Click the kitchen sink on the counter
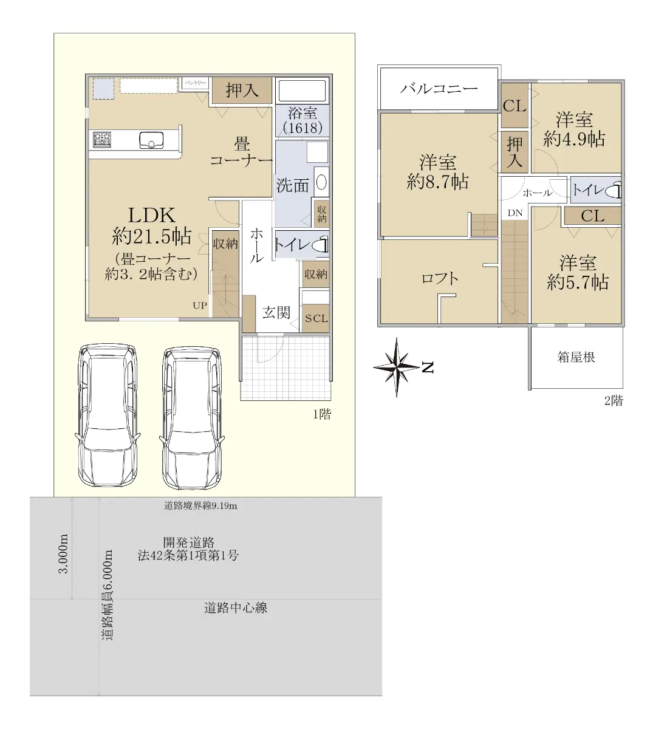(x=151, y=140)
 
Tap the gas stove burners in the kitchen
(x=102, y=140)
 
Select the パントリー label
(x=196, y=83)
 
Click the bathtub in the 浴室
(x=303, y=91)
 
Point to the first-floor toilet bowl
(x=321, y=245)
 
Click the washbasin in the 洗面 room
(x=321, y=182)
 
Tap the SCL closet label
(x=316, y=318)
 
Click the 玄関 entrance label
(x=276, y=312)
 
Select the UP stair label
(x=200, y=306)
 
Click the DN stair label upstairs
(x=515, y=213)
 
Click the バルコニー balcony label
(x=439, y=88)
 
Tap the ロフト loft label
(x=440, y=278)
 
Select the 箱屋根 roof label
(x=576, y=357)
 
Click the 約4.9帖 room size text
(x=574, y=139)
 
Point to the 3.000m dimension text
(x=64, y=553)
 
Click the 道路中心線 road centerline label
(x=236, y=607)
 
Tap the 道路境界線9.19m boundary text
(x=200, y=505)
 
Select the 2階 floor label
(x=614, y=400)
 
